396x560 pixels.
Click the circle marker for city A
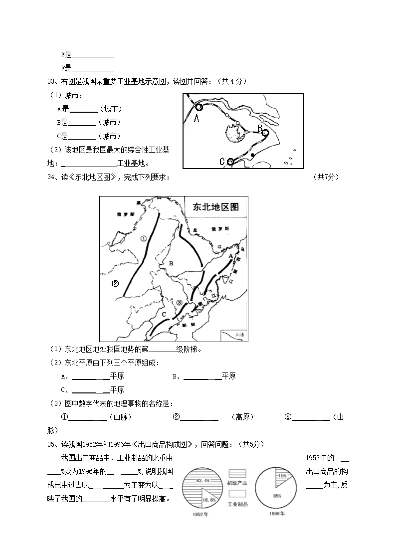pos(198,107)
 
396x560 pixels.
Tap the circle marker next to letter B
pos(265,133)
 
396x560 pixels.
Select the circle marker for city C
pos(230,162)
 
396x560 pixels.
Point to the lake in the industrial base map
pos(230,134)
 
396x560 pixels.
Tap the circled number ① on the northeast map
pos(144,238)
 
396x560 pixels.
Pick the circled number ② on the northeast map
pos(115,284)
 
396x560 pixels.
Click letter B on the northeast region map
pos(171,263)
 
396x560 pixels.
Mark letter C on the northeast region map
pos(164,314)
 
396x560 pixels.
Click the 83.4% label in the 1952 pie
pos(202,480)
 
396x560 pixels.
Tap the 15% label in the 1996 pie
pos(282,476)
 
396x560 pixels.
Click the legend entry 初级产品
pos(237,483)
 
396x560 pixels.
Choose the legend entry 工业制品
pos(237,504)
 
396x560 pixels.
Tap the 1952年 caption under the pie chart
pos(199,515)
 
